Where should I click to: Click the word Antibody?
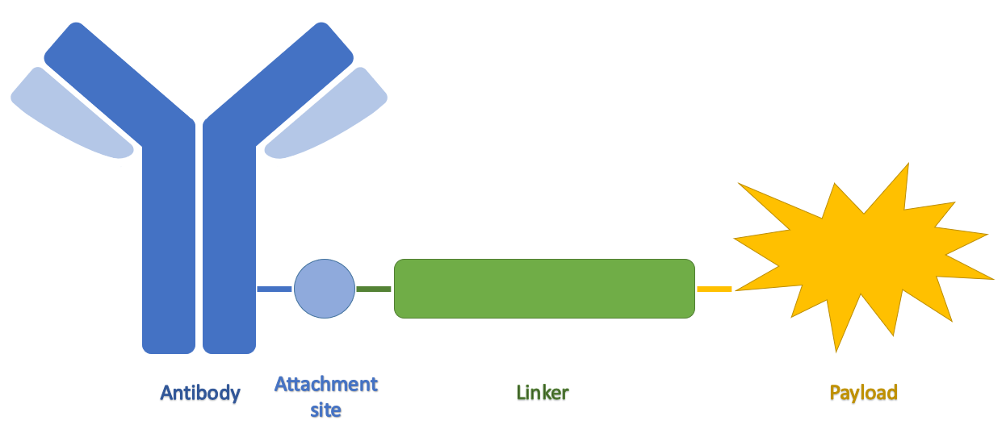200,393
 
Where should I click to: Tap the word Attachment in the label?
325,384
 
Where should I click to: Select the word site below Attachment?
325,410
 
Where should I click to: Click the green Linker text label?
543,393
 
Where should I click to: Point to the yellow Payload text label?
863,393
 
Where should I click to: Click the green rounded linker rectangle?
544,288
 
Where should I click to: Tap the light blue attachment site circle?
324,288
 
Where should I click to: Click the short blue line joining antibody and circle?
274,288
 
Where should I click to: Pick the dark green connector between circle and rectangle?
373,288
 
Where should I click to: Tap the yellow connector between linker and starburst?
714,288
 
